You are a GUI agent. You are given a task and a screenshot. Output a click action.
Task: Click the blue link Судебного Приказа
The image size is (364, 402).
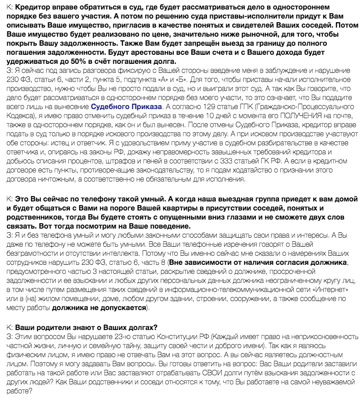coord(126,107)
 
